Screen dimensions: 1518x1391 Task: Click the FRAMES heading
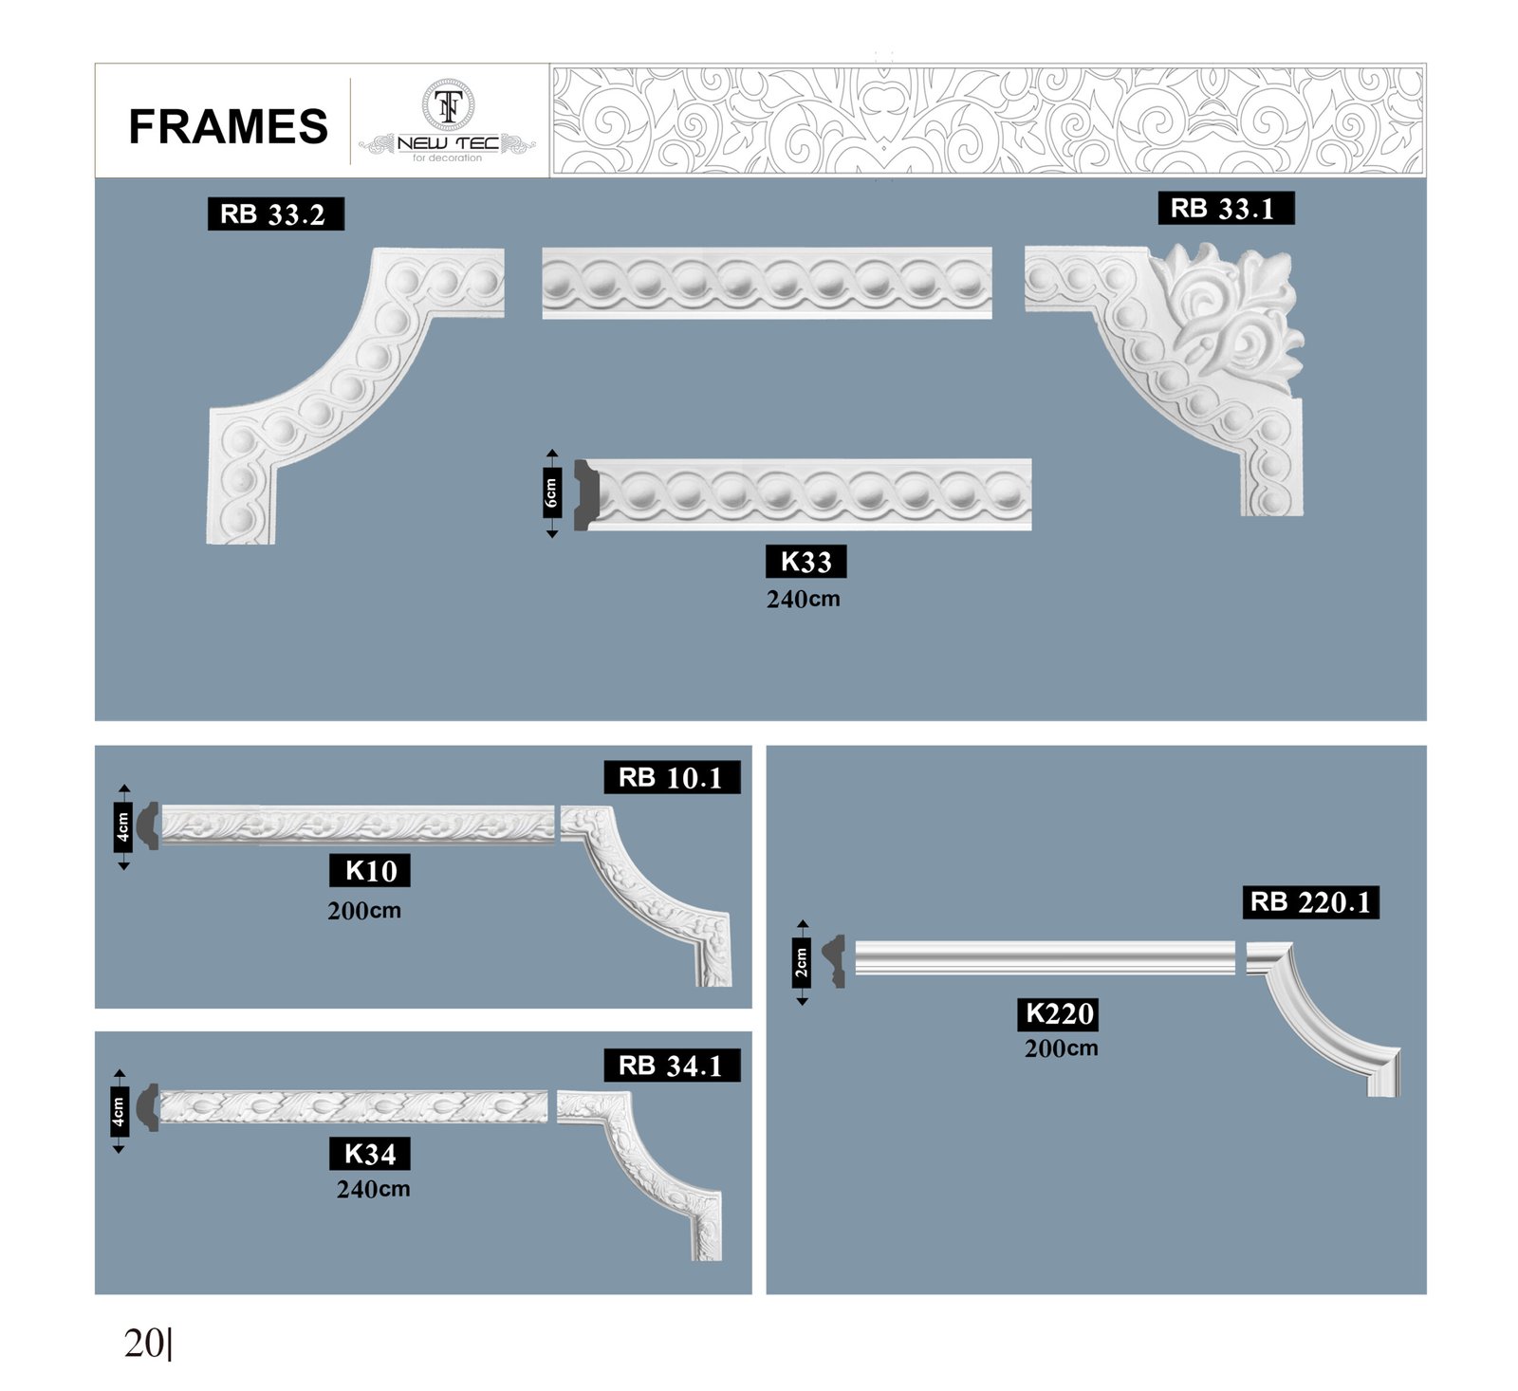click(228, 126)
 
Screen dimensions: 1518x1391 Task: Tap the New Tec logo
click(447, 121)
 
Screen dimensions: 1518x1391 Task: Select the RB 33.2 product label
click(275, 214)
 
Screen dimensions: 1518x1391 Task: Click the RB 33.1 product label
click(1226, 209)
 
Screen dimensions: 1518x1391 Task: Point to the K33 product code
click(805, 562)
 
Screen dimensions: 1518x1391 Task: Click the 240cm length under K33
click(804, 600)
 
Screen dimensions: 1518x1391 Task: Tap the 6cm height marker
click(552, 493)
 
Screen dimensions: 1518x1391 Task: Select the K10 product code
click(370, 870)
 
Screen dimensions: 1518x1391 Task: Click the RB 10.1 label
click(672, 778)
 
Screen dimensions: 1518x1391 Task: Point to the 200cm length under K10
click(364, 911)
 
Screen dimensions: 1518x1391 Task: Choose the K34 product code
click(370, 1154)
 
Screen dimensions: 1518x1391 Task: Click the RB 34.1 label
click(672, 1066)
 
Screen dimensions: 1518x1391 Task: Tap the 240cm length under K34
click(374, 1189)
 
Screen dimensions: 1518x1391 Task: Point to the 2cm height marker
click(802, 962)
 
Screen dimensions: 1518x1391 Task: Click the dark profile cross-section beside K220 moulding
click(835, 961)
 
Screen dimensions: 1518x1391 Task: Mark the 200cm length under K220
click(1062, 1048)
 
